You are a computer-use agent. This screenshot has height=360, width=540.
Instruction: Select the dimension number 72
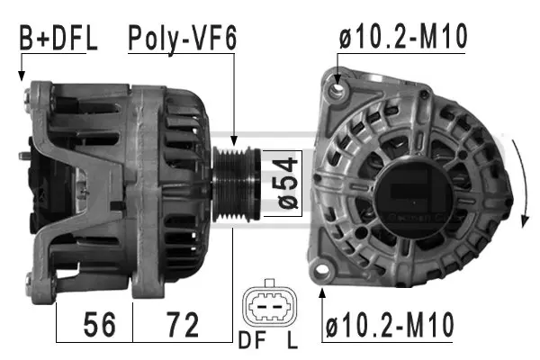[x=183, y=323]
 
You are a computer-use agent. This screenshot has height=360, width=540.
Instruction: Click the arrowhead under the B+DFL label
[x=22, y=77]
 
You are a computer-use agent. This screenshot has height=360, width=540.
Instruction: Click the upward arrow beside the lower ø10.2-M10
[x=322, y=293]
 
